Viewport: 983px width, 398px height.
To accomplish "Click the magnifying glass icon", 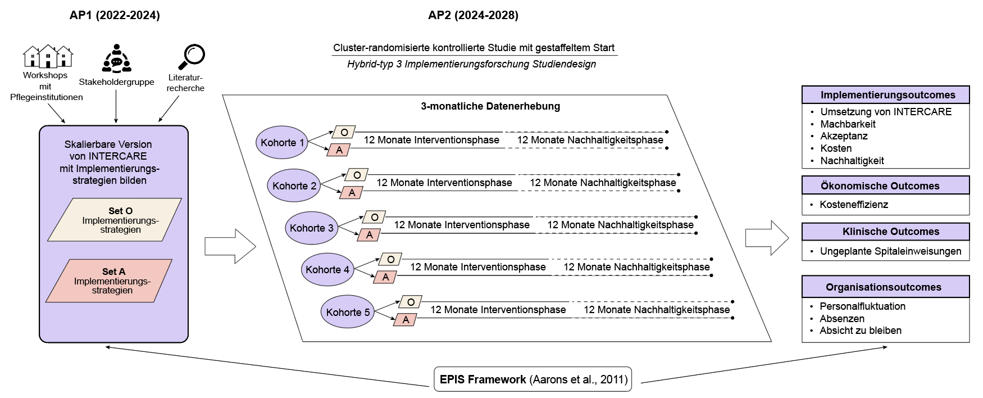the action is click(x=192, y=57).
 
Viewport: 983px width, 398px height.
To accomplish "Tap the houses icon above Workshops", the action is click(x=48, y=56).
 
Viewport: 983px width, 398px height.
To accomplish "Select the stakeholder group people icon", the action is click(x=116, y=59).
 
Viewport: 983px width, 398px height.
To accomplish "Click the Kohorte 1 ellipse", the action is click(x=282, y=142).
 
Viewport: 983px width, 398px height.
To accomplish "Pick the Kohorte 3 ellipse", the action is click(x=311, y=228).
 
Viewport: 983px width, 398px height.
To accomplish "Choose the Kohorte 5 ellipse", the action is click(x=348, y=312).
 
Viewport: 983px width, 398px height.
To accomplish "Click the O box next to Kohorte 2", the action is click(x=357, y=175).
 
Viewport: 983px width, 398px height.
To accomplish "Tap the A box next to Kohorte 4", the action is click(x=385, y=277).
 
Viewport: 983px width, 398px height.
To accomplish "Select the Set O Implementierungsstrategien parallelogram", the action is click(x=115, y=220).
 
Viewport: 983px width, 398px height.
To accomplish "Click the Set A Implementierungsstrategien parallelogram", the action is click(x=109, y=281).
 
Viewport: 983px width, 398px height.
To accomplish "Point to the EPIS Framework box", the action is click(x=533, y=379).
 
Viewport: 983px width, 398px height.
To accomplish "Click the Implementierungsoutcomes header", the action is click(x=885, y=95).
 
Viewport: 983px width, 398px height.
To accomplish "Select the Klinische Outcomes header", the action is click(x=885, y=232).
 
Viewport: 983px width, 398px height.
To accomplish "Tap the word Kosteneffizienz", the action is click(x=854, y=205).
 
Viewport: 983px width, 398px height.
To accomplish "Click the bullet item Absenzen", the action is click(x=842, y=319).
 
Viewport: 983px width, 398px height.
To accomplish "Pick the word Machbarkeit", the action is click(x=848, y=124).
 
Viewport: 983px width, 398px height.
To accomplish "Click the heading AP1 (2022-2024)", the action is click(x=115, y=15).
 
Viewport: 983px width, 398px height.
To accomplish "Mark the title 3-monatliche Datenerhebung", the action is click(x=490, y=106).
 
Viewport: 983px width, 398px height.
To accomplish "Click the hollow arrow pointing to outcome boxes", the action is click(x=767, y=238).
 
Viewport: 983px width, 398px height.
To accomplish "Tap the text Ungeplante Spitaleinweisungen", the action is click(x=890, y=251).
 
